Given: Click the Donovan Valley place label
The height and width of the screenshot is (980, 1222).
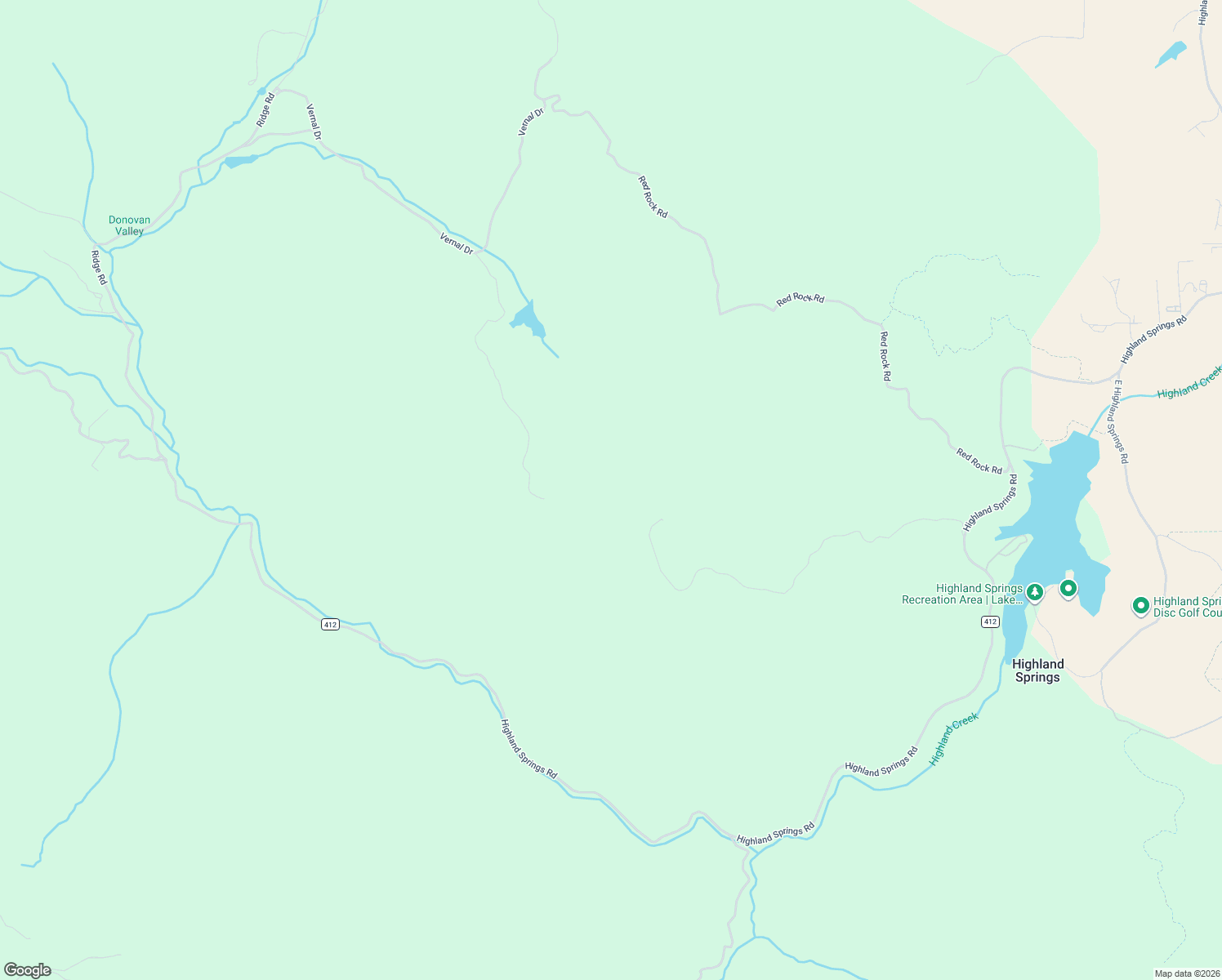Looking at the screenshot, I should (x=129, y=225).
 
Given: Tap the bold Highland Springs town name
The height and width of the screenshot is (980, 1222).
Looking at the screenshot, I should (x=1037, y=670).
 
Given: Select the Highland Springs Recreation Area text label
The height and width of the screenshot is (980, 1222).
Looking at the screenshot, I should (x=962, y=594).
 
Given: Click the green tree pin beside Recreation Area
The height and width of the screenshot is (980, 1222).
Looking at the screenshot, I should (x=1035, y=591).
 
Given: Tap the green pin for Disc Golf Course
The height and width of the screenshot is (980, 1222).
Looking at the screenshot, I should (x=1140, y=606).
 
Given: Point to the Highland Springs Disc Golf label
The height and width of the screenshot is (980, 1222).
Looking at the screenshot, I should (x=1187, y=607).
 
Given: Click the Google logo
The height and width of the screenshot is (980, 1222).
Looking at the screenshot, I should (x=28, y=970).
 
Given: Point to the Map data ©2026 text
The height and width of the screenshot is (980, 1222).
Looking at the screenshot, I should (x=1186, y=973).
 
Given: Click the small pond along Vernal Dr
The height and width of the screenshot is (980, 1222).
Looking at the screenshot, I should (x=528, y=319).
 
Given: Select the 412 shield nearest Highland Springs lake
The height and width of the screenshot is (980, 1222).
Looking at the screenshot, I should (x=990, y=622).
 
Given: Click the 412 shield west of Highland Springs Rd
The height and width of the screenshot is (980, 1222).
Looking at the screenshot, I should (x=329, y=625).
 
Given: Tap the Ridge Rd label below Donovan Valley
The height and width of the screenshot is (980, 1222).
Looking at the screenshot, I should (x=99, y=268).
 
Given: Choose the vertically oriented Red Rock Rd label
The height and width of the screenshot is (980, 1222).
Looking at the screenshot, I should (x=885, y=356).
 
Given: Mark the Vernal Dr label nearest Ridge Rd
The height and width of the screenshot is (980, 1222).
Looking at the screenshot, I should (x=314, y=121).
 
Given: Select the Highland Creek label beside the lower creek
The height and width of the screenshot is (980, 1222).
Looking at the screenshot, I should (x=954, y=739).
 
